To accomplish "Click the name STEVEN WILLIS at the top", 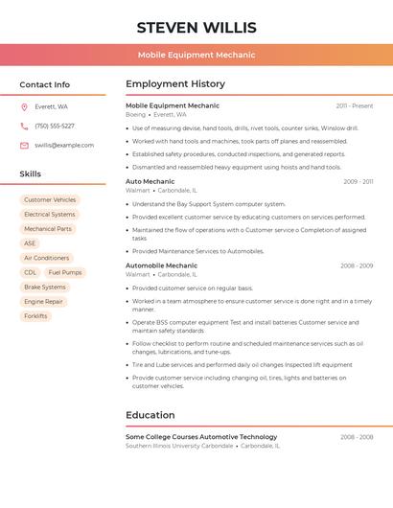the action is click(196, 27).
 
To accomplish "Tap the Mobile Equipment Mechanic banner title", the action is click(196, 55).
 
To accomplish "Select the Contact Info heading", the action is click(44, 84).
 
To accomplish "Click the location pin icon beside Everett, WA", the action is click(24, 106).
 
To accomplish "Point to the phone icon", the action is click(24, 126).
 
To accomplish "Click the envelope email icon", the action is click(24, 145).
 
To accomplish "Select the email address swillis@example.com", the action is click(64, 145).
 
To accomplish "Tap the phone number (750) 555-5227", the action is click(55, 126).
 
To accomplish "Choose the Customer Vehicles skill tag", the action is click(50, 200).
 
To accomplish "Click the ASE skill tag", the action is click(30, 243).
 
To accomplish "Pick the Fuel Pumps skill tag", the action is click(65, 272).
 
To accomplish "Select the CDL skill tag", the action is click(30, 272).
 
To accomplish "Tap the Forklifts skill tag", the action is click(35, 315).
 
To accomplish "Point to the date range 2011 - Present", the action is click(355, 105).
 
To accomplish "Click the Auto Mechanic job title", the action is click(150, 181).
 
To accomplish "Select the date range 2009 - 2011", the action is click(358, 181).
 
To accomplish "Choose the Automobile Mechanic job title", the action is click(161, 266).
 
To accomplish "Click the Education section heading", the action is click(150, 415).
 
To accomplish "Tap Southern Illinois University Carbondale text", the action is click(179, 446).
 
